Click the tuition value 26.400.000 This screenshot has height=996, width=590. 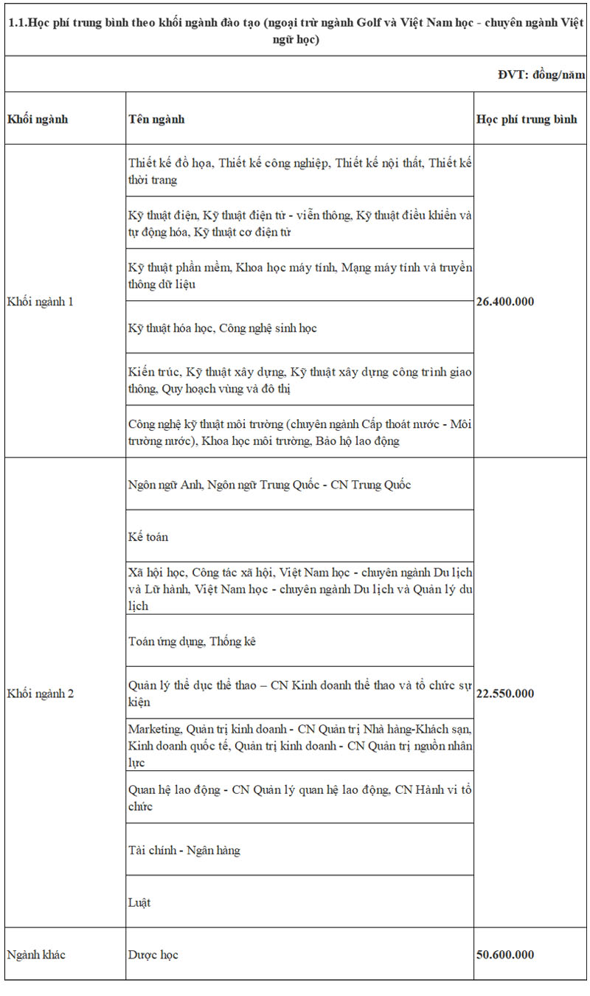pos(505,301)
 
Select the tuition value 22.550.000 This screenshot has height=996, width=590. pos(505,694)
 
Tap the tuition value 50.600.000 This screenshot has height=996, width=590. pos(505,955)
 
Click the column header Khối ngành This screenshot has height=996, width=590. pos(38,119)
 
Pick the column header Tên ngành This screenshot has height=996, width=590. pos(156,119)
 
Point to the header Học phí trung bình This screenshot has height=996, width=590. pos(527,119)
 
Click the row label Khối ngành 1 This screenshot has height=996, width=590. pos(41,301)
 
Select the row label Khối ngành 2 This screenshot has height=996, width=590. pos(41,694)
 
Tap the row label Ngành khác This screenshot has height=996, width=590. pos(36,955)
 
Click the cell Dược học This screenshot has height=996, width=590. pos(153,955)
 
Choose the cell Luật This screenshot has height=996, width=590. pos(139,902)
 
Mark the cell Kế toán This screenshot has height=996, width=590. pos(148,536)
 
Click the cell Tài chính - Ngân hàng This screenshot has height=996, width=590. pos(184,850)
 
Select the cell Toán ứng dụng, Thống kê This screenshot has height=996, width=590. pos(192,641)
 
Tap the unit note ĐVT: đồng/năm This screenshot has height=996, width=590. pos(541,75)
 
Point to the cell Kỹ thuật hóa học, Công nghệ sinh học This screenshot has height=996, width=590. pos(222,328)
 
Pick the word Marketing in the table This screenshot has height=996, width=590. pos(154,729)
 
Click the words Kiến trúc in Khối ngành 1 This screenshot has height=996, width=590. pos(153,372)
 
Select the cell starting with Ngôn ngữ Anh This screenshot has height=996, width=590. pos(269,485)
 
